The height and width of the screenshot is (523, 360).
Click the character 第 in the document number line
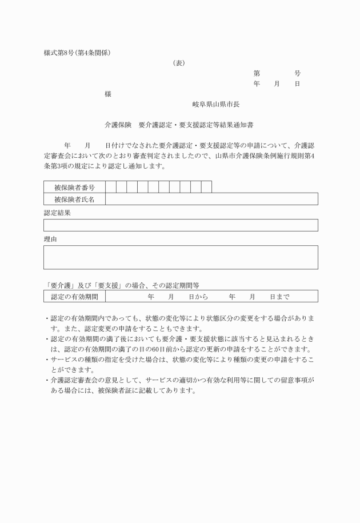pyautogui.click(x=257, y=74)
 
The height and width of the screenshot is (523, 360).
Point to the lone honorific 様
pyautogui.click(x=109, y=94)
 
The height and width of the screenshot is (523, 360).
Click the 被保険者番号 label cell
pyautogui.click(x=74, y=187)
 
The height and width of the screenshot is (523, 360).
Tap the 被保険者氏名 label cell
pyautogui.click(x=74, y=199)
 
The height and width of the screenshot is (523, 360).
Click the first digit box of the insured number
pyautogui.click(x=110, y=187)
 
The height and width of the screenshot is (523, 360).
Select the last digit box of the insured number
pyautogui.click(x=206, y=187)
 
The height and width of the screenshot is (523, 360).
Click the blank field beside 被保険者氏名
pyautogui.click(x=211, y=199)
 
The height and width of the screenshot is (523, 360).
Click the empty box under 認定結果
pyautogui.click(x=181, y=225)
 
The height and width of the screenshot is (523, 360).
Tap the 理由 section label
pyautogui.click(x=50, y=238)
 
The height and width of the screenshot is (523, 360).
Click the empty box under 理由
pyautogui.click(x=181, y=257)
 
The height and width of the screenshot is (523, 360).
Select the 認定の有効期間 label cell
pyautogui.click(x=74, y=297)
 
